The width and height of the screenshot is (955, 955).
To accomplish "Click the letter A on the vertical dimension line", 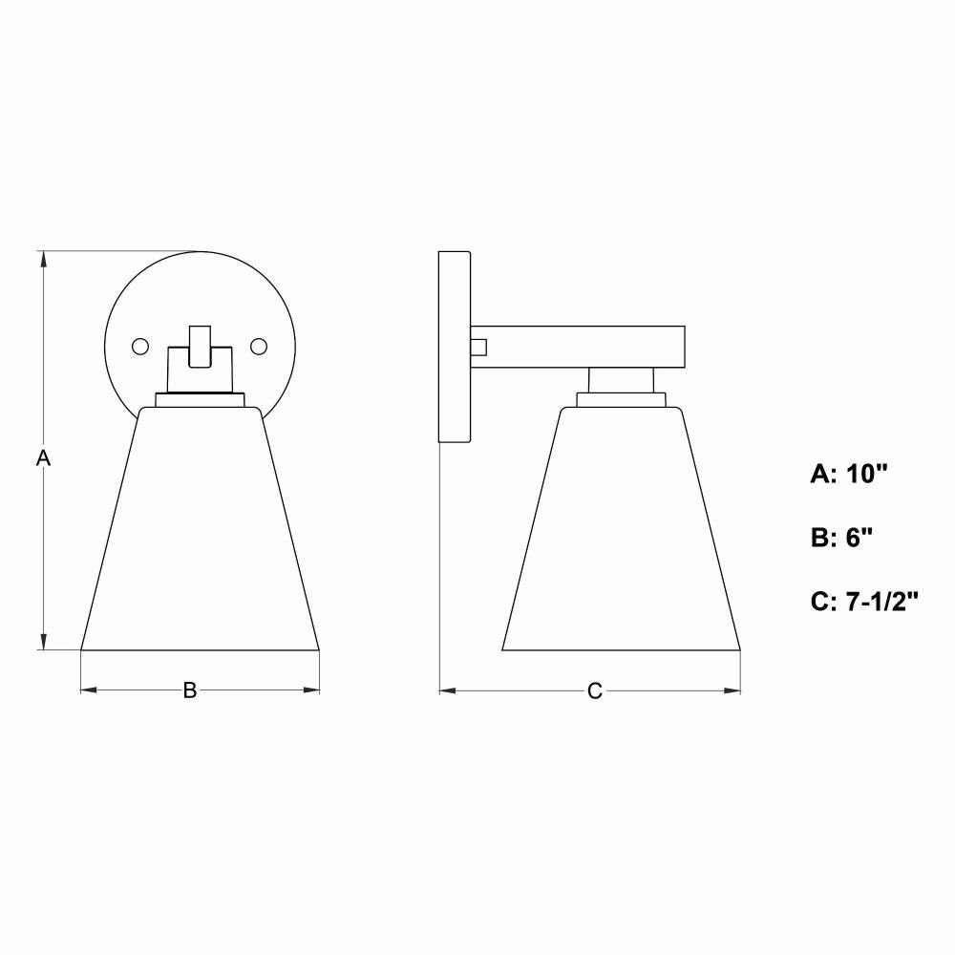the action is [43, 458].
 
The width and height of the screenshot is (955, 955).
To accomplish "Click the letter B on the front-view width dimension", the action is [190, 690].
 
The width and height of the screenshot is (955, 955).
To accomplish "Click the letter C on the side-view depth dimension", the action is [594, 691].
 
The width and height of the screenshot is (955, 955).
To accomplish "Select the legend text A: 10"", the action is [849, 474].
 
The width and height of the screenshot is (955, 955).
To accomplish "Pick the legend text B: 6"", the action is [841, 538].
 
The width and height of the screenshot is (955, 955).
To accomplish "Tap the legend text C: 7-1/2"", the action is [864, 602].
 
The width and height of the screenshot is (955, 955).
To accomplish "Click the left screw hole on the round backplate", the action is [140, 347].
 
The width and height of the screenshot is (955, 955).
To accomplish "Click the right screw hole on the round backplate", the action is [259, 347].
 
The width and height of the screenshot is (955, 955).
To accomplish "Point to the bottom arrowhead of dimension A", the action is [43, 642].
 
